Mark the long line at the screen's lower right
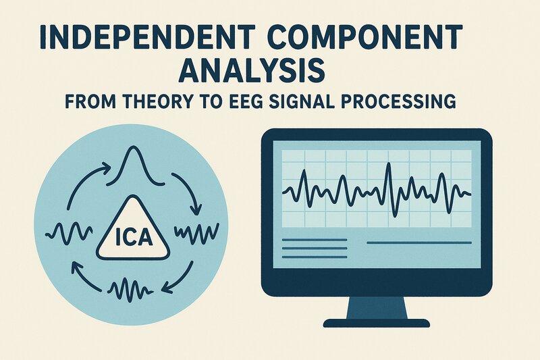tap(418, 242)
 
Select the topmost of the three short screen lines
tap(314, 240)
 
